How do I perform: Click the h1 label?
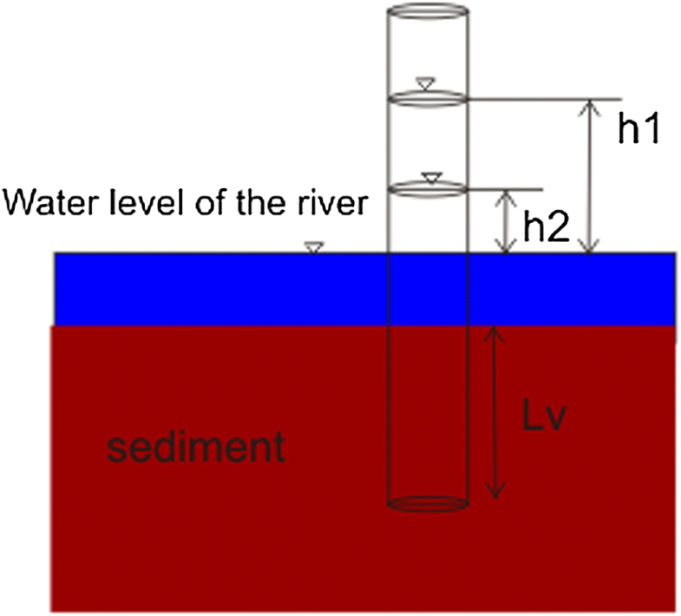click(x=639, y=129)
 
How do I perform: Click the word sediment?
click(x=195, y=448)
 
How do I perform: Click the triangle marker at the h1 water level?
click(x=424, y=83)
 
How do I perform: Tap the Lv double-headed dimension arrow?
click(x=494, y=411)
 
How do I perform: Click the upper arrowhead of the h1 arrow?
click(x=591, y=105)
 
